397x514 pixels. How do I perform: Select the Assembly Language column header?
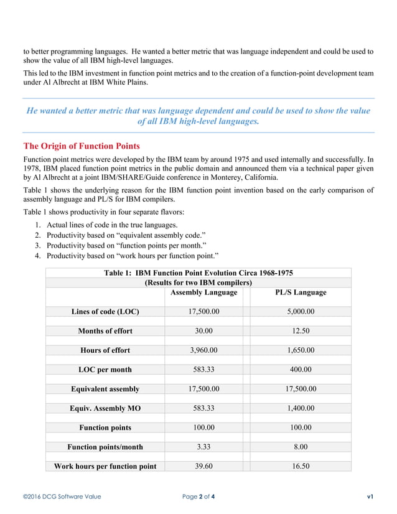203,292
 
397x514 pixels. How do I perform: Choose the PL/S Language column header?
301,292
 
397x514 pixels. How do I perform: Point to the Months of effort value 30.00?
203,330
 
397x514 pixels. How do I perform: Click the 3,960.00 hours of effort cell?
203,350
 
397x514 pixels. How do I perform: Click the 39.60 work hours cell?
203,466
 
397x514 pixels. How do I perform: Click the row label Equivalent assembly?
105,389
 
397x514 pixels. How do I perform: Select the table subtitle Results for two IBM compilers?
198,282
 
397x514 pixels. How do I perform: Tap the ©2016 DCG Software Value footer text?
62,497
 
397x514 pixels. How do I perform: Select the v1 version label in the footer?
370,497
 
